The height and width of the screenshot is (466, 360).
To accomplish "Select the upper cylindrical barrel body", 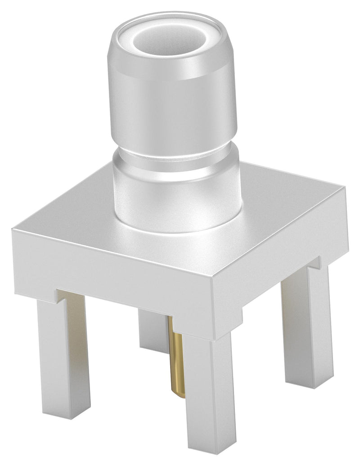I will [173, 103].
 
